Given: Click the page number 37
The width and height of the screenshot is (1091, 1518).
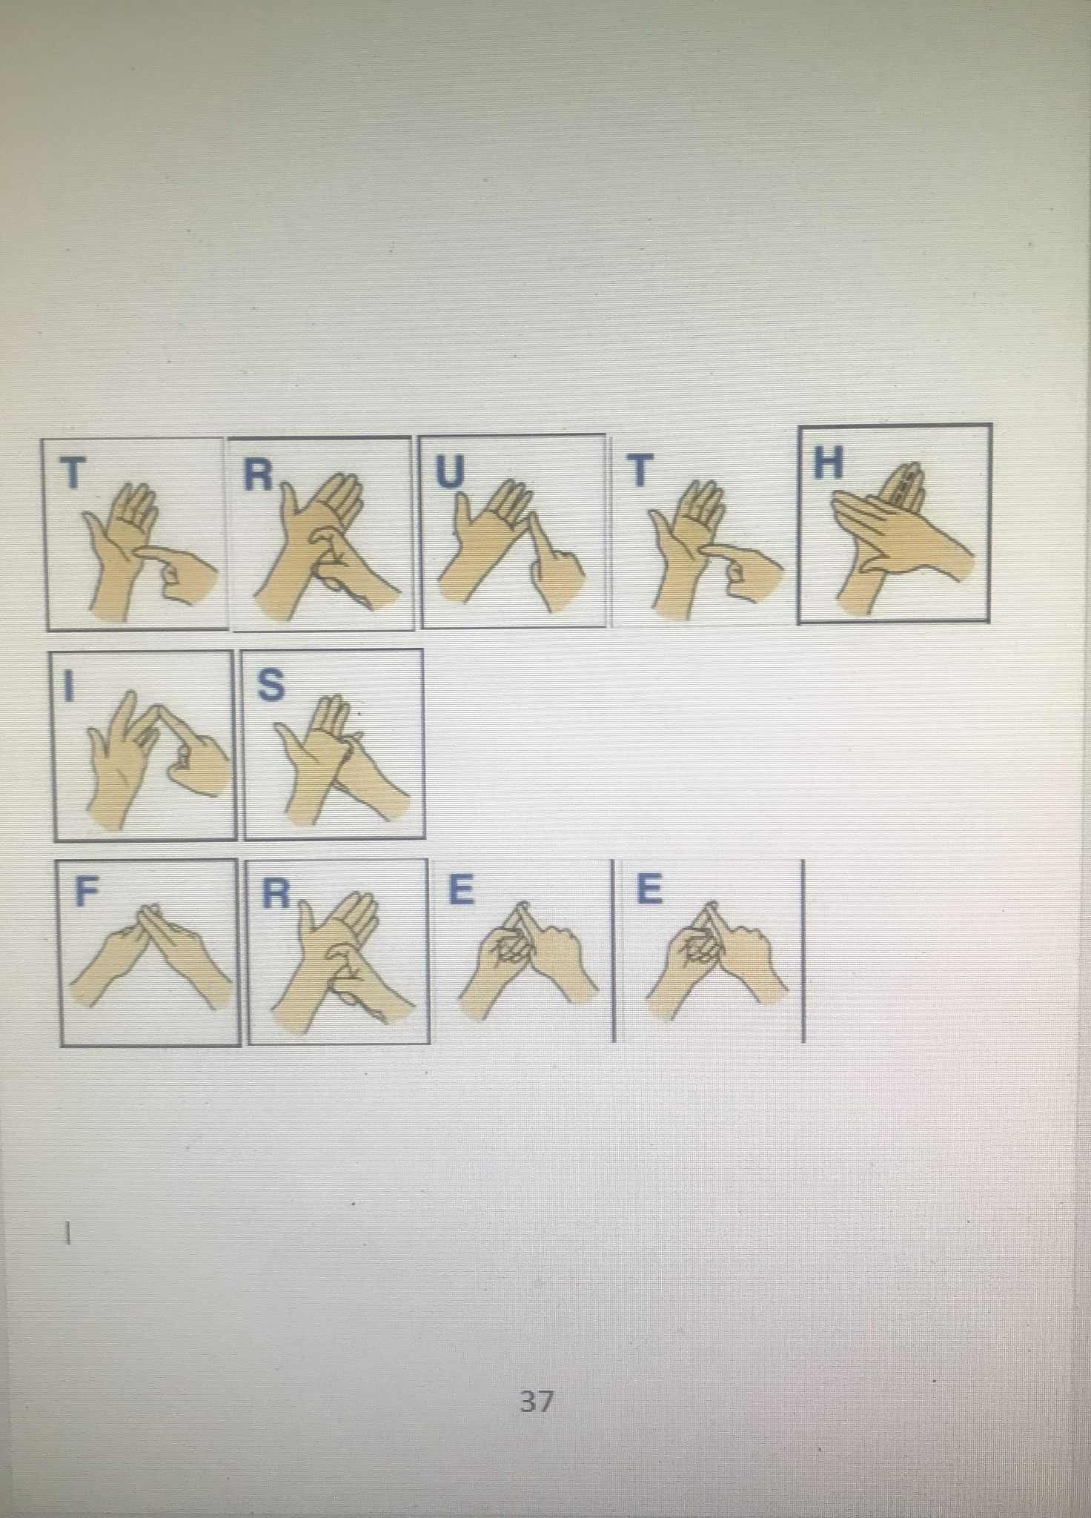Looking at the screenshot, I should point(537,1401).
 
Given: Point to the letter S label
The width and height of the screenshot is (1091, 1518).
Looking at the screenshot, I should point(271,685).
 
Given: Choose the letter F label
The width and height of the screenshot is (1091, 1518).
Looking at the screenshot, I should point(85,892).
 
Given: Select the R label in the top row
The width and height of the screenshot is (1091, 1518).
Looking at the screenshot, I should point(258,475).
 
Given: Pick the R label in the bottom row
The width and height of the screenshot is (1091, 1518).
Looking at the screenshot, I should point(276,894).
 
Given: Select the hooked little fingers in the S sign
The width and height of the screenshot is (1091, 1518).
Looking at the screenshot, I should point(351,741).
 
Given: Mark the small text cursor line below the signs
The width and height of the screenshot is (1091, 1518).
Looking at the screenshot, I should point(67,1233).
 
